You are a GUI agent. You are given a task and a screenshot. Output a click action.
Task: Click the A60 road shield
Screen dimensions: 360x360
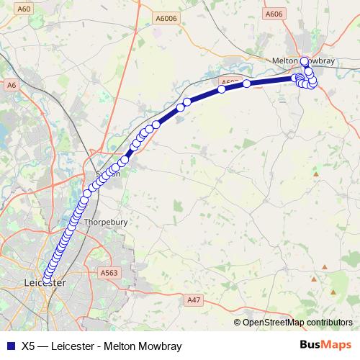point(24,8)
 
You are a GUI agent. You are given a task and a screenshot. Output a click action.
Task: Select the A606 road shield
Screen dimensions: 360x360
point(274,13)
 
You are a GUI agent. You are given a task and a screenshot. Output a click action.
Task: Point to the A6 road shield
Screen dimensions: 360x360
point(11,85)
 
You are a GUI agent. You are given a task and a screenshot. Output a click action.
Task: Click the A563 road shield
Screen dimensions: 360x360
point(109,273)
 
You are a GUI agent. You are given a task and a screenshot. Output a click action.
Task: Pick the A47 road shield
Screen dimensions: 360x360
point(193,299)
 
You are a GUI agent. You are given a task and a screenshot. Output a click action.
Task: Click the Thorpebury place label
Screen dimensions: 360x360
point(106,222)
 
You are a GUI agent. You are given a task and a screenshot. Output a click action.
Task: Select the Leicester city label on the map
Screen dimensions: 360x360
point(45,283)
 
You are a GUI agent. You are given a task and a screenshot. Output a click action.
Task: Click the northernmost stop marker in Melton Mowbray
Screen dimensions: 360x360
point(305,61)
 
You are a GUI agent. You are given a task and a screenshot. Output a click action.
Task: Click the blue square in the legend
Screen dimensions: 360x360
point(10,346)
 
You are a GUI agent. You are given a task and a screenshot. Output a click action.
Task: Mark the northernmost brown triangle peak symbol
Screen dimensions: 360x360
point(315,174)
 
